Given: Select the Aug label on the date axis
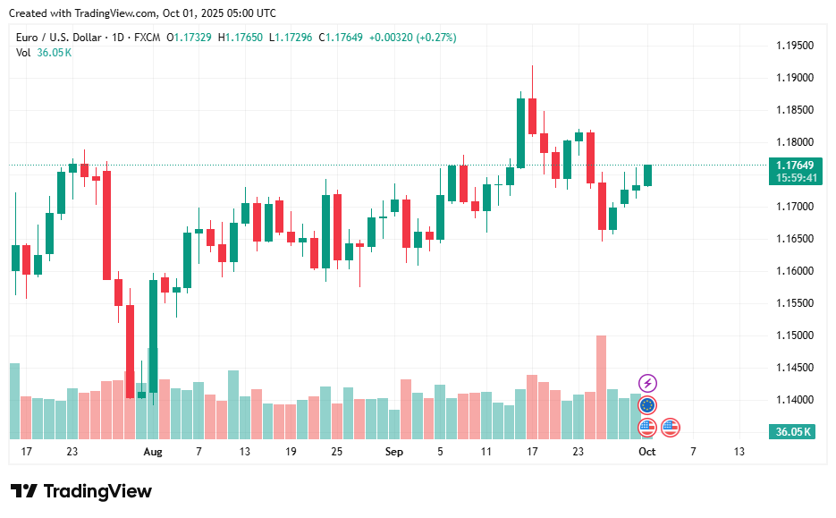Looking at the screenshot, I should (x=153, y=452).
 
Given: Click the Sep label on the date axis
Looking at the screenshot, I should (x=394, y=452).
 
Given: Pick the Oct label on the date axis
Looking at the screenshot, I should (x=646, y=452).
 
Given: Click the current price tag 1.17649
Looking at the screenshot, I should (x=793, y=166).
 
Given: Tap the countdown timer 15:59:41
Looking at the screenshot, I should (x=793, y=178).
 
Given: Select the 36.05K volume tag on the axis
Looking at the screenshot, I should (x=792, y=432).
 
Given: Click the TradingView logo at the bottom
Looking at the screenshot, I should (x=81, y=491).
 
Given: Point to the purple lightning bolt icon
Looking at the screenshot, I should (x=647, y=384).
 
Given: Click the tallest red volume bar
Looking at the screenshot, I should (x=601, y=386).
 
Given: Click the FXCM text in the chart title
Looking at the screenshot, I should (x=146, y=38).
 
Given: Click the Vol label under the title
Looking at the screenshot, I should (x=23, y=53).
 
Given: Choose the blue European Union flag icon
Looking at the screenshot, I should (x=647, y=405).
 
